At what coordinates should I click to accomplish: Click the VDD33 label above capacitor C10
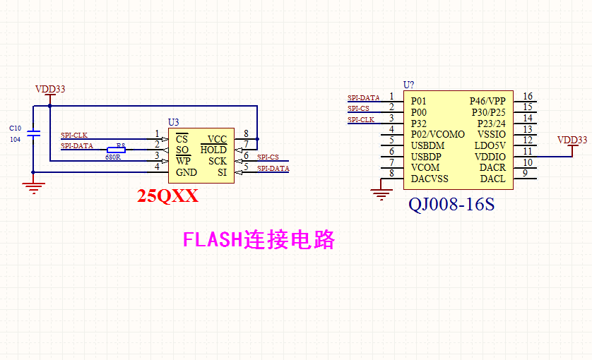point(50,89)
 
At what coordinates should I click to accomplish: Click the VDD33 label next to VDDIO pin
point(572,140)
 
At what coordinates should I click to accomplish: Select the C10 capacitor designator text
point(15,128)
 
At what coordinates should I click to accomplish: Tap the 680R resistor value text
point(113,157)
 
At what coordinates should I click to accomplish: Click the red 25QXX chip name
point(168,197)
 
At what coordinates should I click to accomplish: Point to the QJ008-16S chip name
point(451,205)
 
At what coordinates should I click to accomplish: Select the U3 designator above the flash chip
point(174,122)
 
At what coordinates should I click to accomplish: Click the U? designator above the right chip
point(408,85)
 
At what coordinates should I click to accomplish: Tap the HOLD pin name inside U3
point(213,150)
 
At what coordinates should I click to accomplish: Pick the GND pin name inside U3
point(187,173)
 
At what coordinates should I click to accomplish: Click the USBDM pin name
point(427,145)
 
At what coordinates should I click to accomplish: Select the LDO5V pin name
point(490,145)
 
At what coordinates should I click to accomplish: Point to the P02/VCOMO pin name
point(438,134)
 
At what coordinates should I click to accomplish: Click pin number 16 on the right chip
point(528,97)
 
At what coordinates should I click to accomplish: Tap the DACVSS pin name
point(430,179)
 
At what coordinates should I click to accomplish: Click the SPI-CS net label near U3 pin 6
point(268,157)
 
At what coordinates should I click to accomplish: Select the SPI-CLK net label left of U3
point(73,135)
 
